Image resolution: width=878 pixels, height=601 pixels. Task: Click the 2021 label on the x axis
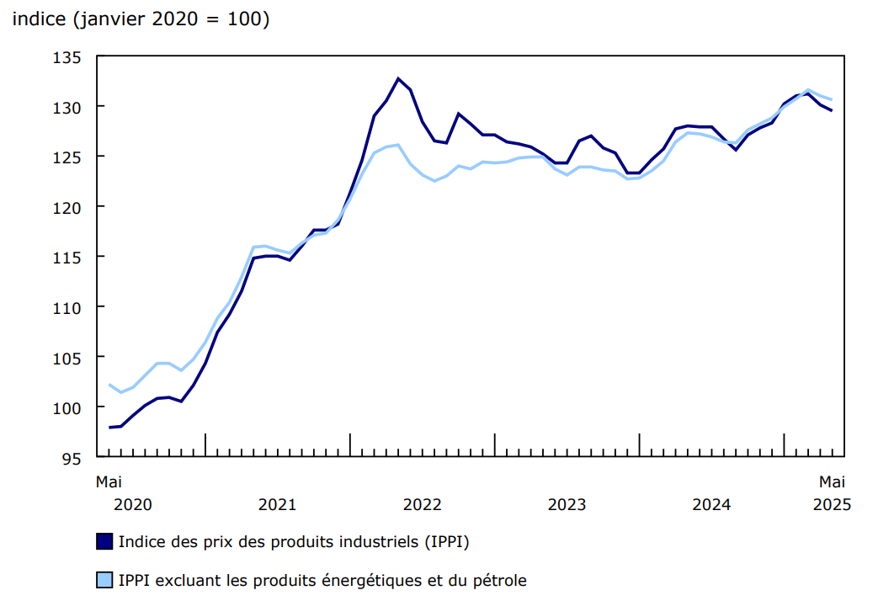point(277,504)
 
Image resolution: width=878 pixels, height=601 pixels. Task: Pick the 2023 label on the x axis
point(567,504)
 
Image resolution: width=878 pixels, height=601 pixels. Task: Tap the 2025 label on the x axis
point(832,504)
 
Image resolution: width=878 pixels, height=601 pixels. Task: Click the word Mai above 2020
point(109,482)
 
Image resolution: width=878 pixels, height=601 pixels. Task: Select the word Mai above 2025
point(832,482)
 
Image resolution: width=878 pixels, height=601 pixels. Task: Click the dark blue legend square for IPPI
point(104,541)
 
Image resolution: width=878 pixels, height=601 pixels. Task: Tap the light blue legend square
point(104,580)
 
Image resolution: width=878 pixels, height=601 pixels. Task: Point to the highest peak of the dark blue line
point(398,78)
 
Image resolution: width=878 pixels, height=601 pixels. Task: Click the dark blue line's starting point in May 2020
point(109,428)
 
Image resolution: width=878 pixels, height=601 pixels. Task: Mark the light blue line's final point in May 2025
point(832,100)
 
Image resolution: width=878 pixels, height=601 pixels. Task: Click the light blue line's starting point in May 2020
point(109,385)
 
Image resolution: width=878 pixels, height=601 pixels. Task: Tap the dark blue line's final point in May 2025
point(832,110)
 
